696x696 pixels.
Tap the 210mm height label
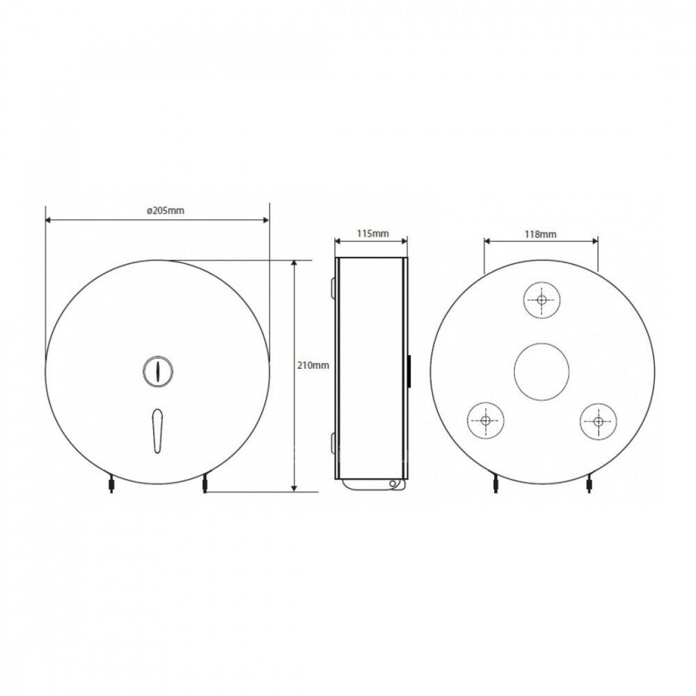click(313, 365)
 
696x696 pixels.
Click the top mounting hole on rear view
click(541, 300)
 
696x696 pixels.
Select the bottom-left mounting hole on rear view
click(486, 420)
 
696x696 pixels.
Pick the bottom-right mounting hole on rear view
click(599, 421)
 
